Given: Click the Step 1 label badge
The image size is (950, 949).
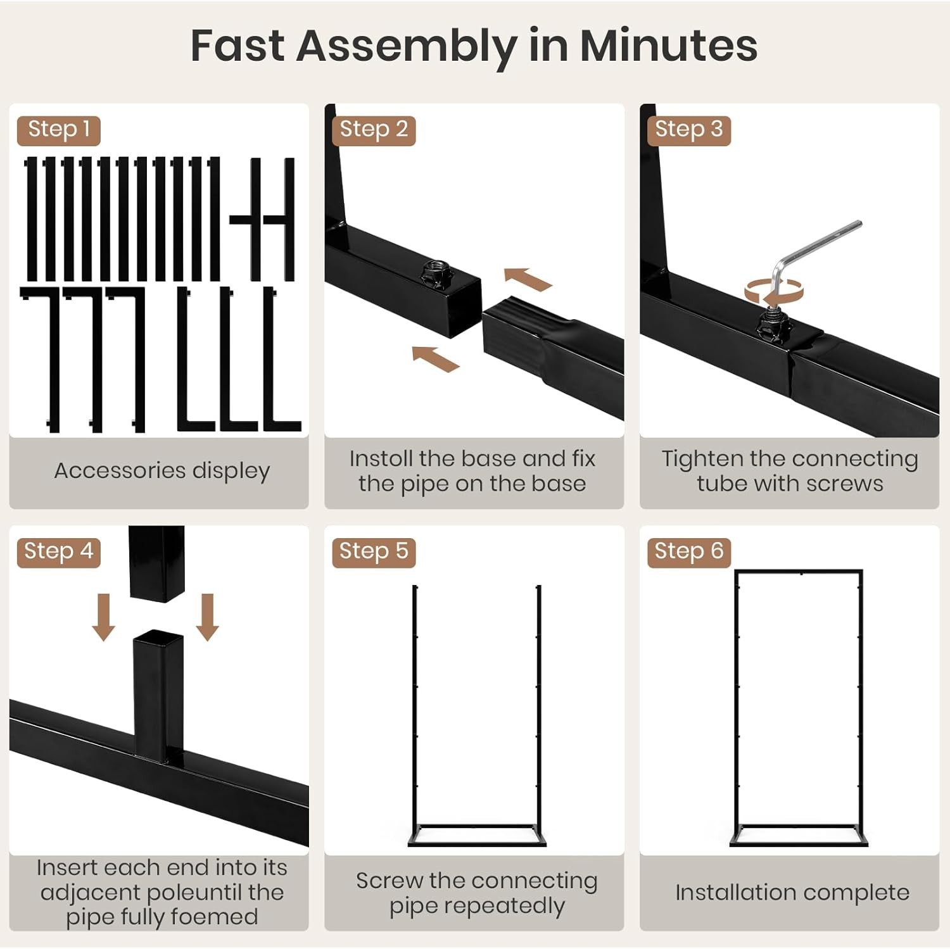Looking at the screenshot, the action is [59, 130].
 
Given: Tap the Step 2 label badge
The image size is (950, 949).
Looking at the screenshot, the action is [374, 130].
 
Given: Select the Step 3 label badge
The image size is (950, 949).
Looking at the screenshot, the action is [689, 130].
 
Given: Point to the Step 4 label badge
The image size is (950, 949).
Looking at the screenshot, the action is [59, 552].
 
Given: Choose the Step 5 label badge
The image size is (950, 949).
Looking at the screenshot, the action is [374, 552].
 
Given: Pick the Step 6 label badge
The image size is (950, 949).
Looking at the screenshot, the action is [689, 552].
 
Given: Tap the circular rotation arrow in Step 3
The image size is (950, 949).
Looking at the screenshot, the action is [774, 292].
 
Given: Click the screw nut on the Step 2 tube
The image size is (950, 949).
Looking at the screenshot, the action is [436, 273].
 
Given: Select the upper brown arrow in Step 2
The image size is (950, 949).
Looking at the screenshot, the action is [527, 279].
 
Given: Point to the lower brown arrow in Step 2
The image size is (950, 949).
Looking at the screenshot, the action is [436, 359].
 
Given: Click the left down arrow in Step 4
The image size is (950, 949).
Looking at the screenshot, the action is [104, 617].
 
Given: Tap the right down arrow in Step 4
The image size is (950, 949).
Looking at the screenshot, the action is [208, 617].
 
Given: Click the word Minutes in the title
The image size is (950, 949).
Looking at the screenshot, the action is [668, 46].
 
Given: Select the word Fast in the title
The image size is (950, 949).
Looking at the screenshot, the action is [237, 46].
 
